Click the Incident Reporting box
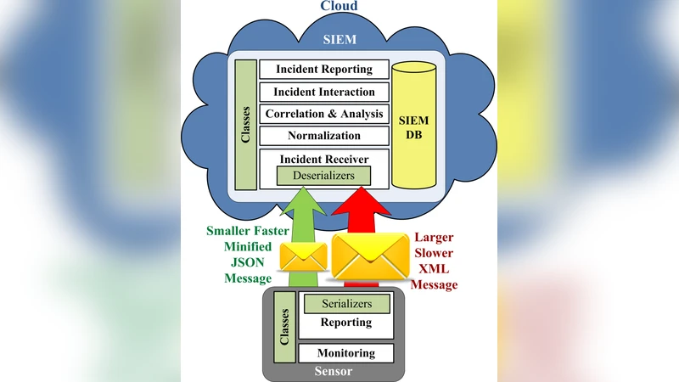[x=323, y=70]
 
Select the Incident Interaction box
[x=323, y=92]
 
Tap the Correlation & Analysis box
[x=323, y=114]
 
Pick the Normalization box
[x=323, y=136]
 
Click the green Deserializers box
[x=323, y=176]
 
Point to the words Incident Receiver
[x=323, y=158]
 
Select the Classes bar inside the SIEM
[x=246, y=125]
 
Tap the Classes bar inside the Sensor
[x=286, y=328]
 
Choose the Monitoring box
[x=345, y=353]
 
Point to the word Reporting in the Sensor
[x=345, y=323]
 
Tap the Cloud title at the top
[x=339, y=7]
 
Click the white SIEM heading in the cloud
[x=339, y=39]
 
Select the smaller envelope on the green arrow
[x=304, y=254]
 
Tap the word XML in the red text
[x=434, y=269]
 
